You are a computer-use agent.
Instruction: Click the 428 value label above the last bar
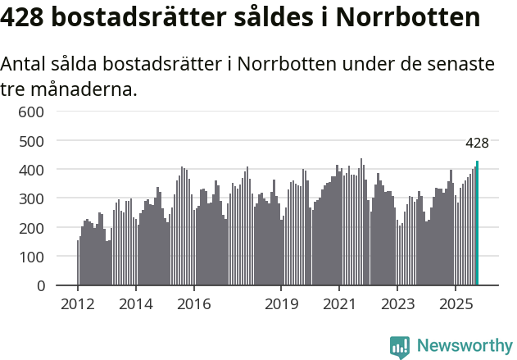pos(477,143)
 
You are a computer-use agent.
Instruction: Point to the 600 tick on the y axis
pos(31,112)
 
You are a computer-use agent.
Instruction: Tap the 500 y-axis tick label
pos(31,141)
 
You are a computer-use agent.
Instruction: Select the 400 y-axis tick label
pos(31,170)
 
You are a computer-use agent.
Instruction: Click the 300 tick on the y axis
pos(31,198)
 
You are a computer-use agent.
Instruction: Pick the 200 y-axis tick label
pos(31,228)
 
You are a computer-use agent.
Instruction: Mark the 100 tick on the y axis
pos(31,257)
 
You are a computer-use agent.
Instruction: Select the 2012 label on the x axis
pos(78,305)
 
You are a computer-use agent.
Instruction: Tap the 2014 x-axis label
pos(136,305)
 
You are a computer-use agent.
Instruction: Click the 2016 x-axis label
pos(193,305)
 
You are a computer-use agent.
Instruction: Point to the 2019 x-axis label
pos(281,305)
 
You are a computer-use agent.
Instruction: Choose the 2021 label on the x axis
pos(339,305)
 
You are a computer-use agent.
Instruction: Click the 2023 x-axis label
pos(397,305)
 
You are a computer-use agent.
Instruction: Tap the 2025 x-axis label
pos(456,305)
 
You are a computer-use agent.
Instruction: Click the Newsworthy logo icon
pos(400,347)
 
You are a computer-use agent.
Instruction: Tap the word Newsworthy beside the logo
pos(465,346)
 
